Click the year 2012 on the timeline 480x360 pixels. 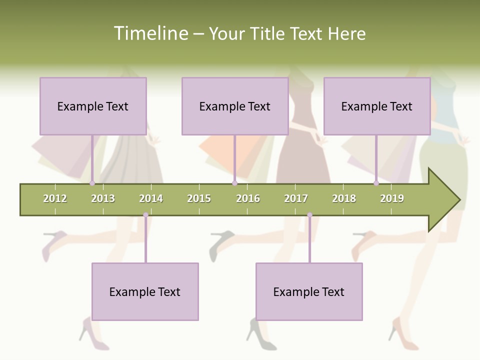click(55, 198)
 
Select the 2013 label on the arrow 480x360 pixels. click(103, 198)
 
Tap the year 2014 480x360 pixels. click(151, 198)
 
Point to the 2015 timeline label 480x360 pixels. click(199, 198)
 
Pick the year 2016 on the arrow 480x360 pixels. click(248, 198)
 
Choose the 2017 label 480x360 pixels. click(296, 198)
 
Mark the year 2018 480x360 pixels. click(344, 198)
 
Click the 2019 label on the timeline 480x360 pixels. click(392, 198)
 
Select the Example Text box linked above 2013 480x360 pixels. click(93, 106)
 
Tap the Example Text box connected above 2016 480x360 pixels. click(235, 106)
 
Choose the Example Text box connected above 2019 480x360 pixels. click(377, 106)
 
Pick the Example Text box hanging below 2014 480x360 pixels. click(145, 291)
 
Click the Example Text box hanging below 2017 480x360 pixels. click(309, 291)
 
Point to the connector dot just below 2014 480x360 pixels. click(145, 215)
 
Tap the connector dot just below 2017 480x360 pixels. click(309, 215)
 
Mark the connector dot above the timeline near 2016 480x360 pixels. click(234, 183)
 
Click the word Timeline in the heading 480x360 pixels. click(150, 33)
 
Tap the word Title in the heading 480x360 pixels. click(268, 34)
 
